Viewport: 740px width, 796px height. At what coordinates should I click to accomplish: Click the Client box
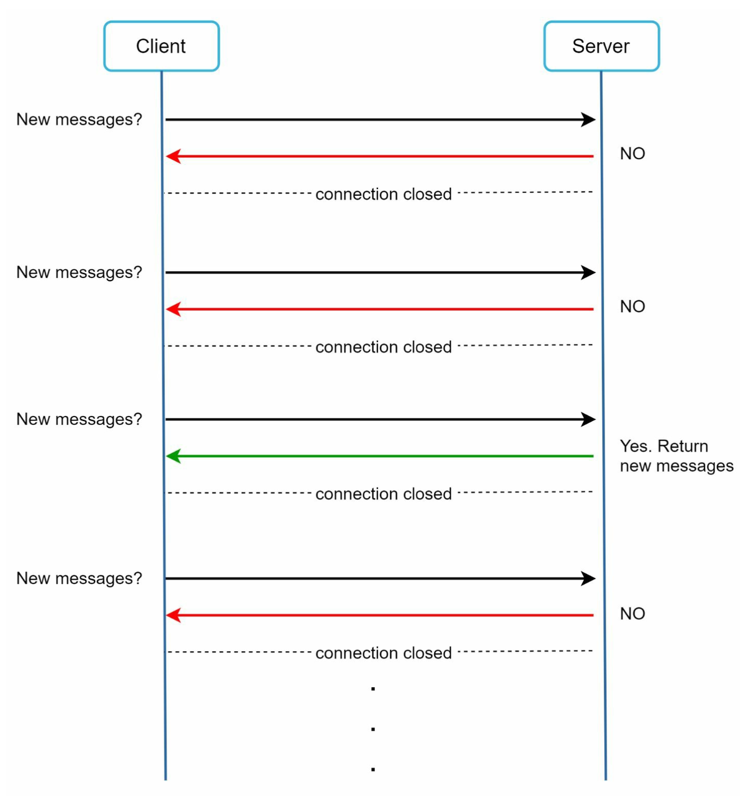161,46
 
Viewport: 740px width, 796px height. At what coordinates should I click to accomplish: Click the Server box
601,46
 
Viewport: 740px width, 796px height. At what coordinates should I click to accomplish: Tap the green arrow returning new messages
379,456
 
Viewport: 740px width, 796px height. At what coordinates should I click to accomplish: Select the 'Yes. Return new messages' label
677,456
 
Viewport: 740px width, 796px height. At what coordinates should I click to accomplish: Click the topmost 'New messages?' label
79,119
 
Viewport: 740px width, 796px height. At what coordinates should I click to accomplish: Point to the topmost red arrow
379,156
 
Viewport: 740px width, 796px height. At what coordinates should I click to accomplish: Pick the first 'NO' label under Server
632,154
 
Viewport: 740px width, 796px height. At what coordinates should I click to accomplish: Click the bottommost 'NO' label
632,614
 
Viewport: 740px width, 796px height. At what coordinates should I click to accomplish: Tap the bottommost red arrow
379,615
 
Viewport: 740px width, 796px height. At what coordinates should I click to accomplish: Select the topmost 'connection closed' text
383,194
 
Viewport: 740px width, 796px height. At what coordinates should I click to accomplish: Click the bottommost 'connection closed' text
383,653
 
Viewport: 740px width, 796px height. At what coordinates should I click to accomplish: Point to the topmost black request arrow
381,119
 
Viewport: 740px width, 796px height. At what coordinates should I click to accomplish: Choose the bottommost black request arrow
381,578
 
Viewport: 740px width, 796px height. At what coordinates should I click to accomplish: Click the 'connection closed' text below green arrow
383,494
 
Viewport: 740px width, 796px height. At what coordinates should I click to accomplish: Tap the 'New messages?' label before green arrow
79,419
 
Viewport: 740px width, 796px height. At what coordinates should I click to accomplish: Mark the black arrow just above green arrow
381,419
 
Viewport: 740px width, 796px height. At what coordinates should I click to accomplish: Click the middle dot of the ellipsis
373,729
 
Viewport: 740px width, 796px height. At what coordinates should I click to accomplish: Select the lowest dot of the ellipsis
373,769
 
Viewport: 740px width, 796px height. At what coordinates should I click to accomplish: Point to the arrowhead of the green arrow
167,456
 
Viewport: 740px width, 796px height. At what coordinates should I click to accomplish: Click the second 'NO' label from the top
632,307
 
